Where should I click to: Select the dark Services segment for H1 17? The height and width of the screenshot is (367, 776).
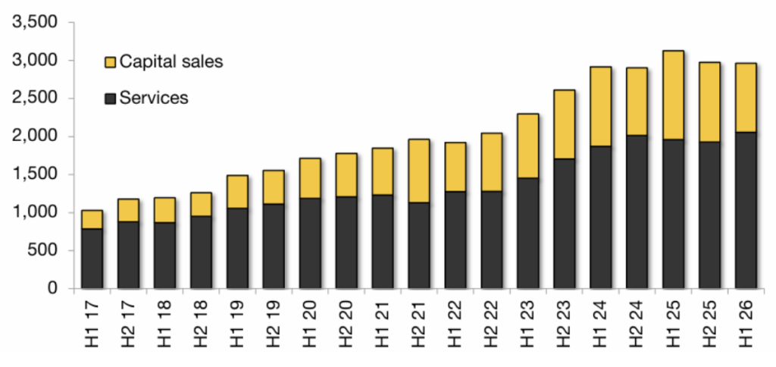pyautogui.click(x=92, y=259)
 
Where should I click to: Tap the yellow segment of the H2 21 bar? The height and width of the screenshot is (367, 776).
pyautogui.click(x=419, y=171)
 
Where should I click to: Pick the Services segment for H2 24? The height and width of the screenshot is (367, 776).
pyautogui.click(x=637, y=212)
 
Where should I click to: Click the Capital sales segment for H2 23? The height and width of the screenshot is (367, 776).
pyautogui.click(x=564, y=124)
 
